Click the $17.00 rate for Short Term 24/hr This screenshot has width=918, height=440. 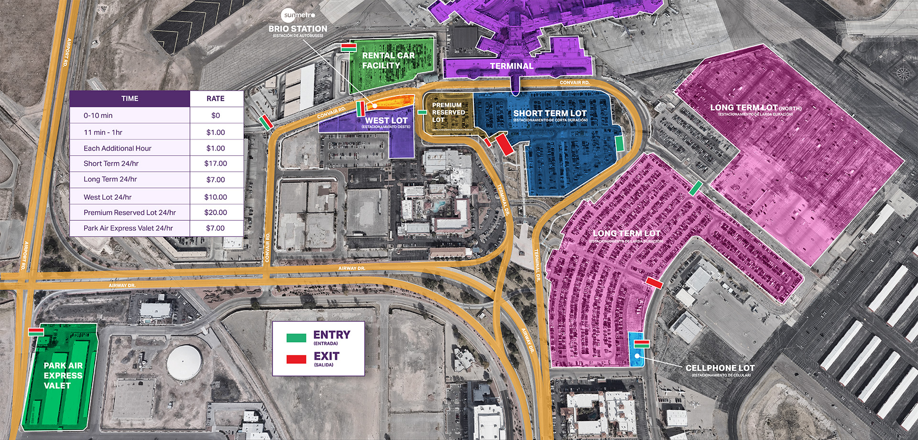pos(216,163)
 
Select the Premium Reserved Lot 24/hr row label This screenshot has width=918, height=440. pos(130,213)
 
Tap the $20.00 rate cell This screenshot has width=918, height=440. pos(216,213)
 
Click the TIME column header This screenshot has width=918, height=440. pos(130,98)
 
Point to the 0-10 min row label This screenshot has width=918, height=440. pos(98,116)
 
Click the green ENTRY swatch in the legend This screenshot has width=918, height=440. pos(296,338)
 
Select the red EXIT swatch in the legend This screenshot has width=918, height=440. pos(296,359)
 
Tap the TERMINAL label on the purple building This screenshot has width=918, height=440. pos(511,66)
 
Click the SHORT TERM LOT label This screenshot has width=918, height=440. pos(549,113)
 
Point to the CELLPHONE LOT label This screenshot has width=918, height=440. pos(720,368)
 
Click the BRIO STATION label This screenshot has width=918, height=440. pos(298,29)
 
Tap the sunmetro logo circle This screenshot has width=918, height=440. pos(289,15)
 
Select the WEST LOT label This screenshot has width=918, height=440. pos(386,121)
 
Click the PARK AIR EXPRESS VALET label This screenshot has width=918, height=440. pos(63,376)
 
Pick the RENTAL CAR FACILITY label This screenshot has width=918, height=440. pos(388,60)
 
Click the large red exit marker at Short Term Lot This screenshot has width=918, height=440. pos(504,144)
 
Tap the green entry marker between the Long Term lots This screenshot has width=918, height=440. pos(696,188)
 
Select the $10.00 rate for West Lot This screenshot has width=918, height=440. pos(216,197)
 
